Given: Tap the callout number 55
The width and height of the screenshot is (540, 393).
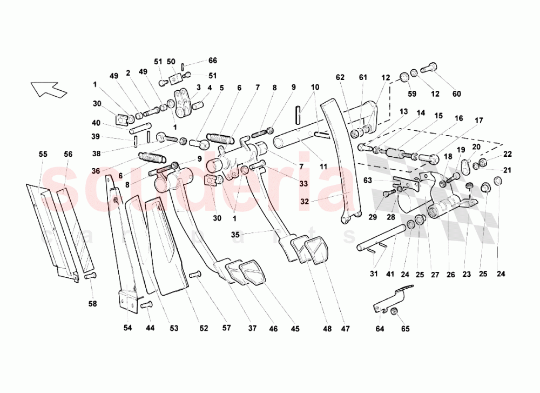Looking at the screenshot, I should [x=43, y=154].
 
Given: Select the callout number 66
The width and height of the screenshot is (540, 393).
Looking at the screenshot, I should [x=213, y=61].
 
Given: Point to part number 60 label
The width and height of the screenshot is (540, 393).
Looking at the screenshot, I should [x=457, y=94].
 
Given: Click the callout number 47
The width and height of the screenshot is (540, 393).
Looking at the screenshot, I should [x=345, y=328].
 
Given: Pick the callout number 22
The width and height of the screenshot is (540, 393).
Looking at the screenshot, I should [x=508, y=154].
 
